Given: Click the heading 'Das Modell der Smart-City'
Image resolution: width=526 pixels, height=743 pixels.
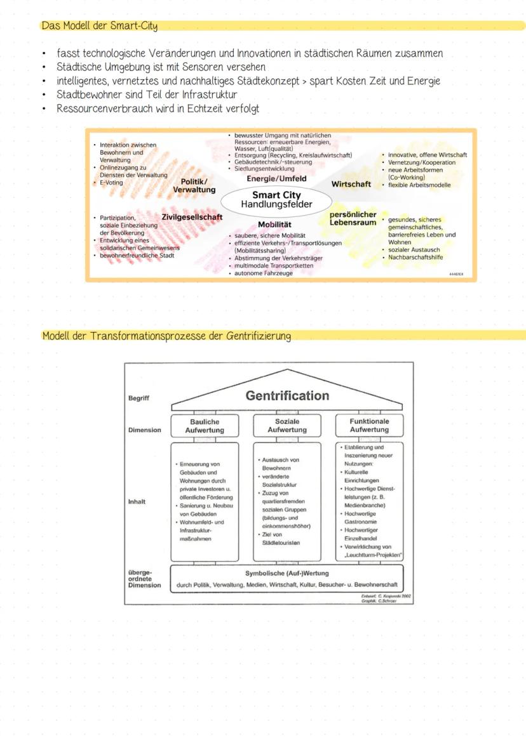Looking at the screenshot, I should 100,26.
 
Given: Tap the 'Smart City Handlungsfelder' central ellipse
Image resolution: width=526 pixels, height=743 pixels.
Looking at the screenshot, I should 276,200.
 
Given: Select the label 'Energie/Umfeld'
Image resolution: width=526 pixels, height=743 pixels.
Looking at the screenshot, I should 276,179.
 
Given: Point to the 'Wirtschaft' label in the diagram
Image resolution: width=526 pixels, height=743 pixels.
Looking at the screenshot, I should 351,184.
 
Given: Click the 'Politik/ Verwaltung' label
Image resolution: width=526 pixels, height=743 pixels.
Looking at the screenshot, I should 194,186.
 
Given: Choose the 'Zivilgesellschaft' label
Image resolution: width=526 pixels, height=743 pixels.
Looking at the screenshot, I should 192,217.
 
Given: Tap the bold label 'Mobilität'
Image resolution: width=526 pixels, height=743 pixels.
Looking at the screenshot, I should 274,225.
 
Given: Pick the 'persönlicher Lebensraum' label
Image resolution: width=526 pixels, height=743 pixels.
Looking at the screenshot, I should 353,218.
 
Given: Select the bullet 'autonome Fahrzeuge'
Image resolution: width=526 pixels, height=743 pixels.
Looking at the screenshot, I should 264,273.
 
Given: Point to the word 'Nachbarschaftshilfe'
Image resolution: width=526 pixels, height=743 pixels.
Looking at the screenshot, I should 416,258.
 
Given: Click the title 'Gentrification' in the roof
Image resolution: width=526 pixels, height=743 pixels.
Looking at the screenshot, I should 287,396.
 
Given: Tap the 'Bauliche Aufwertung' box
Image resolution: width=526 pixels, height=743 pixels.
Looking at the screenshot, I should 205,426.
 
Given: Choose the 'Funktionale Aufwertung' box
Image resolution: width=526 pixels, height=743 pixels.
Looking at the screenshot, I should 369,425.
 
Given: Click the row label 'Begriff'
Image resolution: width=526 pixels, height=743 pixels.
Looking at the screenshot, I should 139,398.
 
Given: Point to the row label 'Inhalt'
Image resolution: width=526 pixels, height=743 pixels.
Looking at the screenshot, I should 137,502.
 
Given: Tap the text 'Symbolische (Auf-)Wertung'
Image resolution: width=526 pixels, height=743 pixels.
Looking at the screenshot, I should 287,574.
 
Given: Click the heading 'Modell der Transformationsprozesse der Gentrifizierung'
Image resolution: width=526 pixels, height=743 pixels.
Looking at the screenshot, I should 167,336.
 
